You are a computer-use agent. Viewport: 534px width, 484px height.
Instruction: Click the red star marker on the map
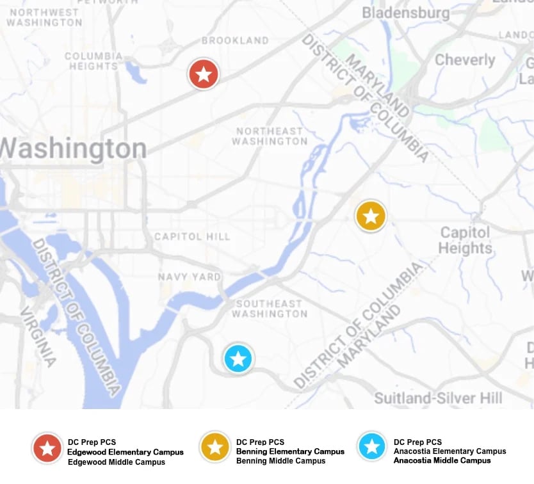tap(204, 74)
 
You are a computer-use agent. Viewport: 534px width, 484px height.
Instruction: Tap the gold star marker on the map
tap(371, 216)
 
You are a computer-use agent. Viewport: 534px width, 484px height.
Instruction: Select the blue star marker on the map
tap(238, 359)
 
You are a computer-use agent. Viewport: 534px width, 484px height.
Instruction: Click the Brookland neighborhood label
tap(235, 40)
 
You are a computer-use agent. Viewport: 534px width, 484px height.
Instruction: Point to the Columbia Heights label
tap(93, 61)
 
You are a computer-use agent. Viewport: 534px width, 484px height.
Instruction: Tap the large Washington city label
tap(73, 149)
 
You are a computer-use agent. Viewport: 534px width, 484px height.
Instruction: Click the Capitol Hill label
tap(192, 237)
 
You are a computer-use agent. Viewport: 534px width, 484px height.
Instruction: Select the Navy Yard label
tap(190, 277)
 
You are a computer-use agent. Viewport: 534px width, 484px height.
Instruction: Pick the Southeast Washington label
tap(269, 309)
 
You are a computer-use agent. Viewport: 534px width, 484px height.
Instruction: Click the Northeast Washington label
tap(270, 136)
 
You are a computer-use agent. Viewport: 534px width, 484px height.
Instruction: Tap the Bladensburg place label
tap(406, 13)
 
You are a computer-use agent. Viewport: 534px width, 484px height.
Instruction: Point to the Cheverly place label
tap(465, 60)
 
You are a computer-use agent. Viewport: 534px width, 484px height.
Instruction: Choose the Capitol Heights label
tap(465, 240)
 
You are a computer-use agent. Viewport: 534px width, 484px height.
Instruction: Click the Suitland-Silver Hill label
tap(439, 398)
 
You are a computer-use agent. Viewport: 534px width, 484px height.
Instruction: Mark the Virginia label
tap(38, 337)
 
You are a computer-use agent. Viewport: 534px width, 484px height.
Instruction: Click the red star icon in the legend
tap(47, 448)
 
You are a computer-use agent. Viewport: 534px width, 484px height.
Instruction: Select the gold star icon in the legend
tap(214, 447)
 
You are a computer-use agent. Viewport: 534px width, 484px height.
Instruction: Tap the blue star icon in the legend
tap(372, 447)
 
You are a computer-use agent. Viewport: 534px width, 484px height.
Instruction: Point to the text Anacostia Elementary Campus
tap(449, 451)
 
